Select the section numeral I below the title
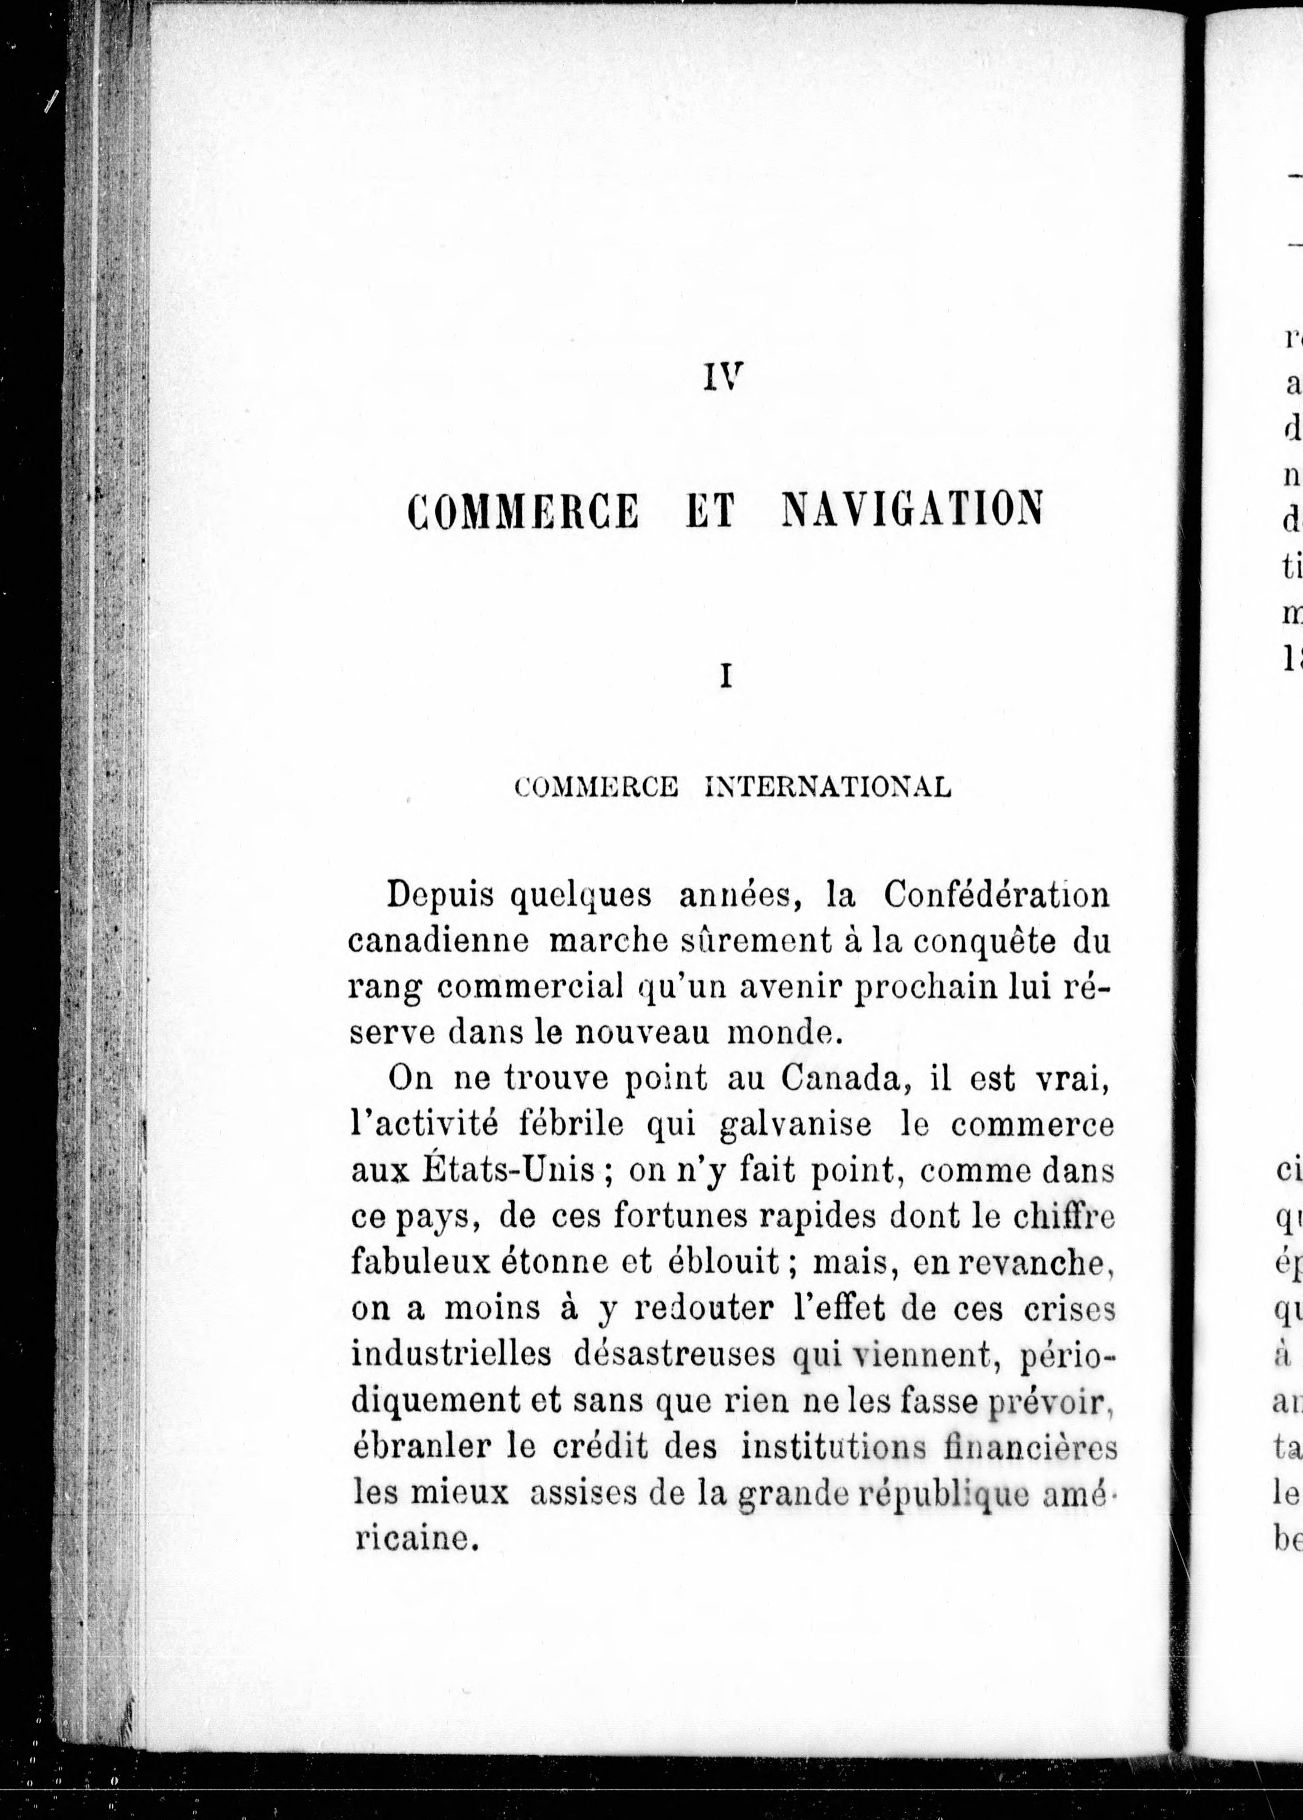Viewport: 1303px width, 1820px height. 726,677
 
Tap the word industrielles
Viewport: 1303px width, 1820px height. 451,1354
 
